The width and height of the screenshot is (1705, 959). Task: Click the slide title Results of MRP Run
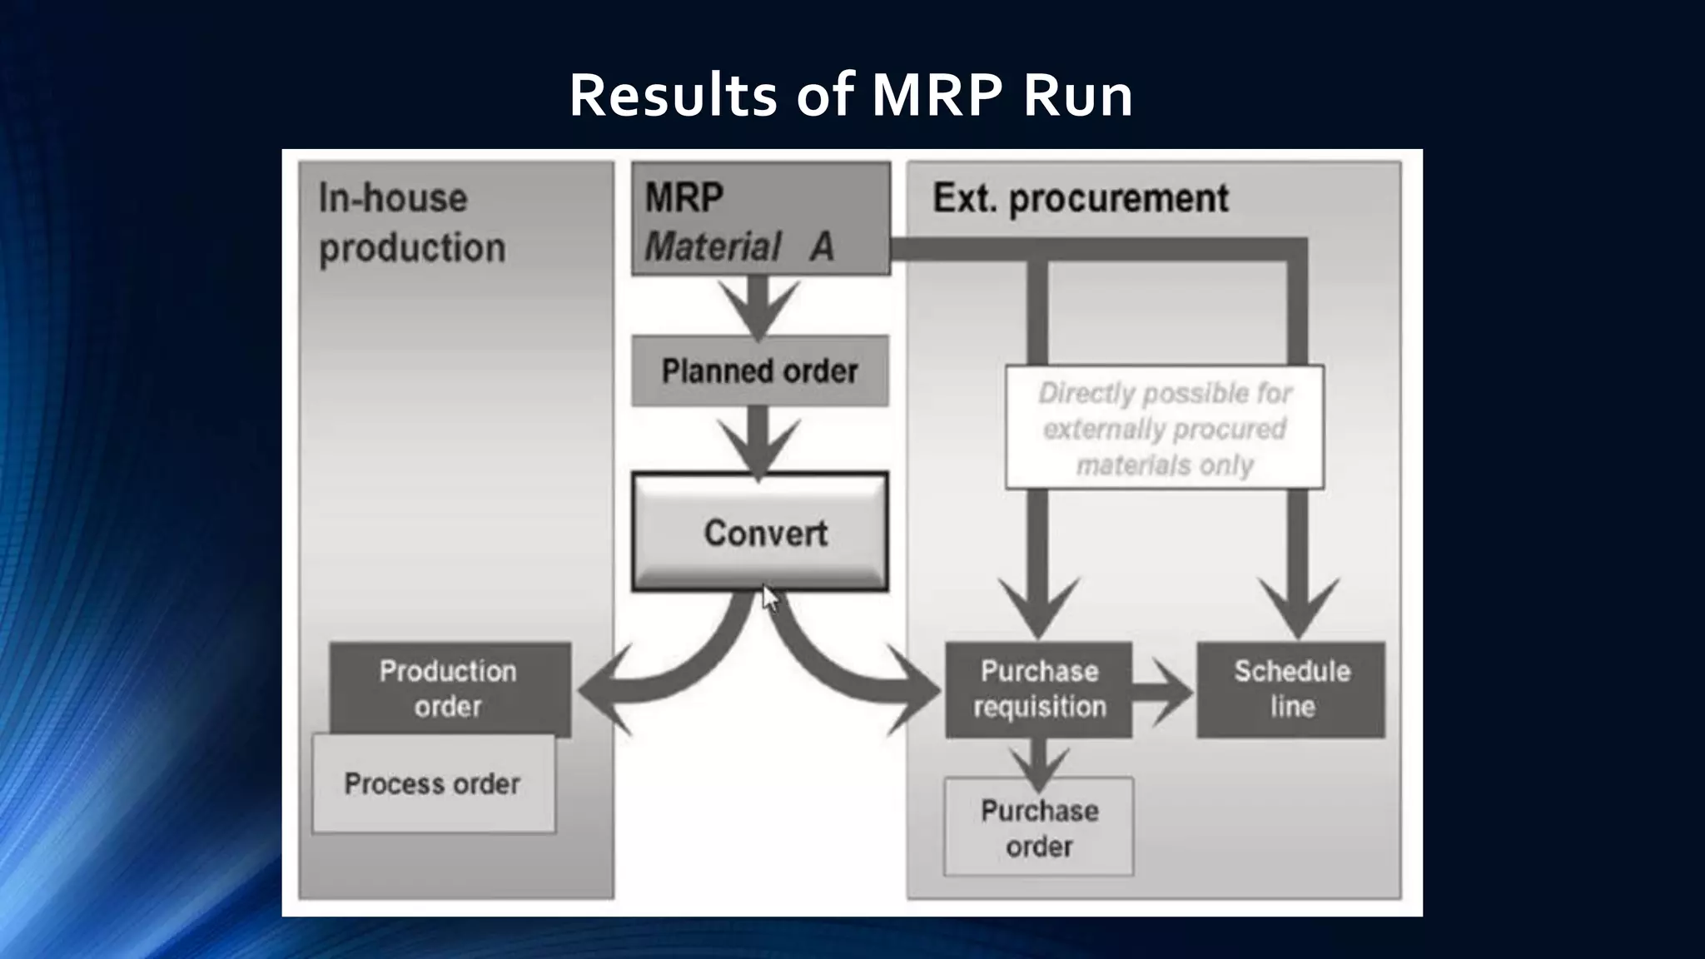(851, 95)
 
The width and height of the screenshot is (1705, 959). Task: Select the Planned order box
(759, 371)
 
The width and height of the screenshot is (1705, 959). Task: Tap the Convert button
(760, 532)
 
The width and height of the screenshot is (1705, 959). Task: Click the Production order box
(450, 688)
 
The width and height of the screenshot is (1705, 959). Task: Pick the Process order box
(433, 783)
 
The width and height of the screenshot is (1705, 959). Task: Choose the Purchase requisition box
(1039, 688)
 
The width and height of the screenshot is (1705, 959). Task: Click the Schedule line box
(1291, 688)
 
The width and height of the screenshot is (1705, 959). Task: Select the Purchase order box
(1039, 827)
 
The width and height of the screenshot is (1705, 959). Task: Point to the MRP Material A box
(760, 220)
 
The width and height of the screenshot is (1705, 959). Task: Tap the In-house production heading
(412, 223)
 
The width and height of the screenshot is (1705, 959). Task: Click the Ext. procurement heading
(1080, 198)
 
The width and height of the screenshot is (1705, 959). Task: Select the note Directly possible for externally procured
(1164, 428)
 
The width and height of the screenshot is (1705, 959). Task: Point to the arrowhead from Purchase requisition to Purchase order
(1038, 768)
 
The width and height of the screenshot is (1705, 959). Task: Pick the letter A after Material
(822, 246)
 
